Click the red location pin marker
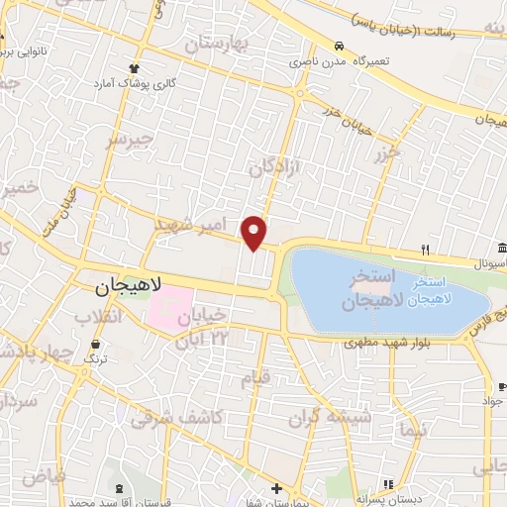(x=254, y=231)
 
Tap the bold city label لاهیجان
(x=132, y=287)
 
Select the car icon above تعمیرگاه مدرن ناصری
(x=339, y=47)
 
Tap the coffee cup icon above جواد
(x=486, y=387)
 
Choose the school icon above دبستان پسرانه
(x=388, y=484)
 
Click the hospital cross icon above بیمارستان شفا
(x=276, y=487)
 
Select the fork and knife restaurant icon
(x=425, y=250)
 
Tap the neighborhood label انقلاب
(x=99, y=317)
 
